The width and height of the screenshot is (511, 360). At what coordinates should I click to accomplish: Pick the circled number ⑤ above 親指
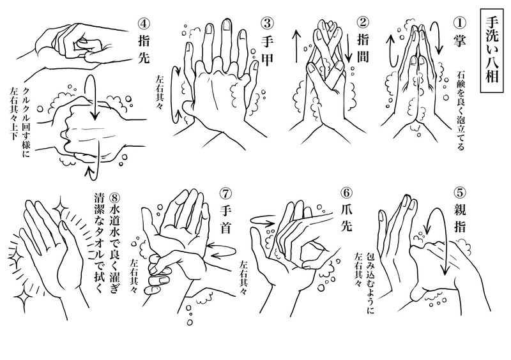click(x=459, y=193)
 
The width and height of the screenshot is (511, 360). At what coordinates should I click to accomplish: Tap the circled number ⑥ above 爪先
click(x=346, y=193)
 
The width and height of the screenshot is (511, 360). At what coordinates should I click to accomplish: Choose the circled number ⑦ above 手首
click(x=226, y=193)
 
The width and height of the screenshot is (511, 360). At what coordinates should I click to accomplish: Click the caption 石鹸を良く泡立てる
click(x=460, y=110)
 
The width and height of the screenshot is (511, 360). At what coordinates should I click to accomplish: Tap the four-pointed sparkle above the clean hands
click(x=60, y=206)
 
